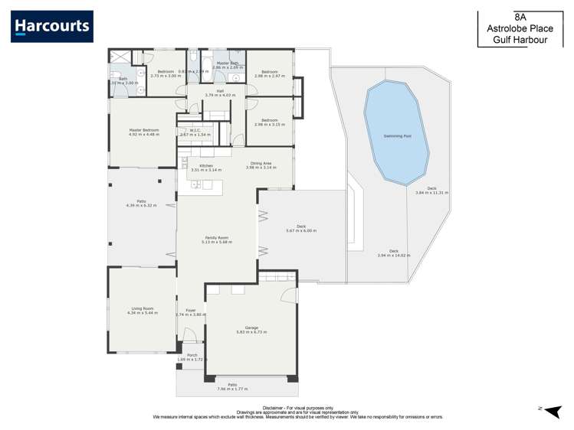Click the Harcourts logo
pos(52,27)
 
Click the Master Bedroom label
pos(143,130)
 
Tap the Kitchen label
pos(206,165)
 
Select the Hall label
pos(220,90)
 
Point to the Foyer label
pos(190,310)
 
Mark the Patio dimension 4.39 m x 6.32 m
pos(141,206)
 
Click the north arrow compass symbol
pos(556,411)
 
